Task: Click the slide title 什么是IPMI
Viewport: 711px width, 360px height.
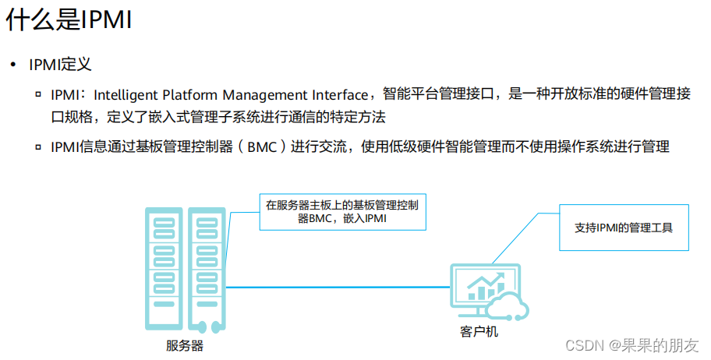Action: (x=69, y=21)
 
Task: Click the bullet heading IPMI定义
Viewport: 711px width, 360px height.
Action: (x=61, y=65)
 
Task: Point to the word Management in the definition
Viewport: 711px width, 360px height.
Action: (x=266, y=95)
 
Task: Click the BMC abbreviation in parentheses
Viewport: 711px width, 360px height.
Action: (x=261, y=146)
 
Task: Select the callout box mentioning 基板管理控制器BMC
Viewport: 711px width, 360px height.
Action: (x=342, y=212)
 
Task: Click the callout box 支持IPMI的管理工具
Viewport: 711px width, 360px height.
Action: (x=624, y=228)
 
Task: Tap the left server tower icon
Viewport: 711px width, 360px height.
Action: (x=163, y=269)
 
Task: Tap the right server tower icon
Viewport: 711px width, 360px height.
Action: (x=206, y=269)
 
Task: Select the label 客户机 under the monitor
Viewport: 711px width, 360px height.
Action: (x=479, y=332)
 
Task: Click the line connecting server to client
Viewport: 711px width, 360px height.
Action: (x=335, y=288)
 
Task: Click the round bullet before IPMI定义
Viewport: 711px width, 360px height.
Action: (x=12, y=65)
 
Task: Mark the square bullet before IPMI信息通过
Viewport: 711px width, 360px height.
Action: (x=38, y=146)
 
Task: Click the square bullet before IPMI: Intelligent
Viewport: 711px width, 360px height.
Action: (x=38, y=95)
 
